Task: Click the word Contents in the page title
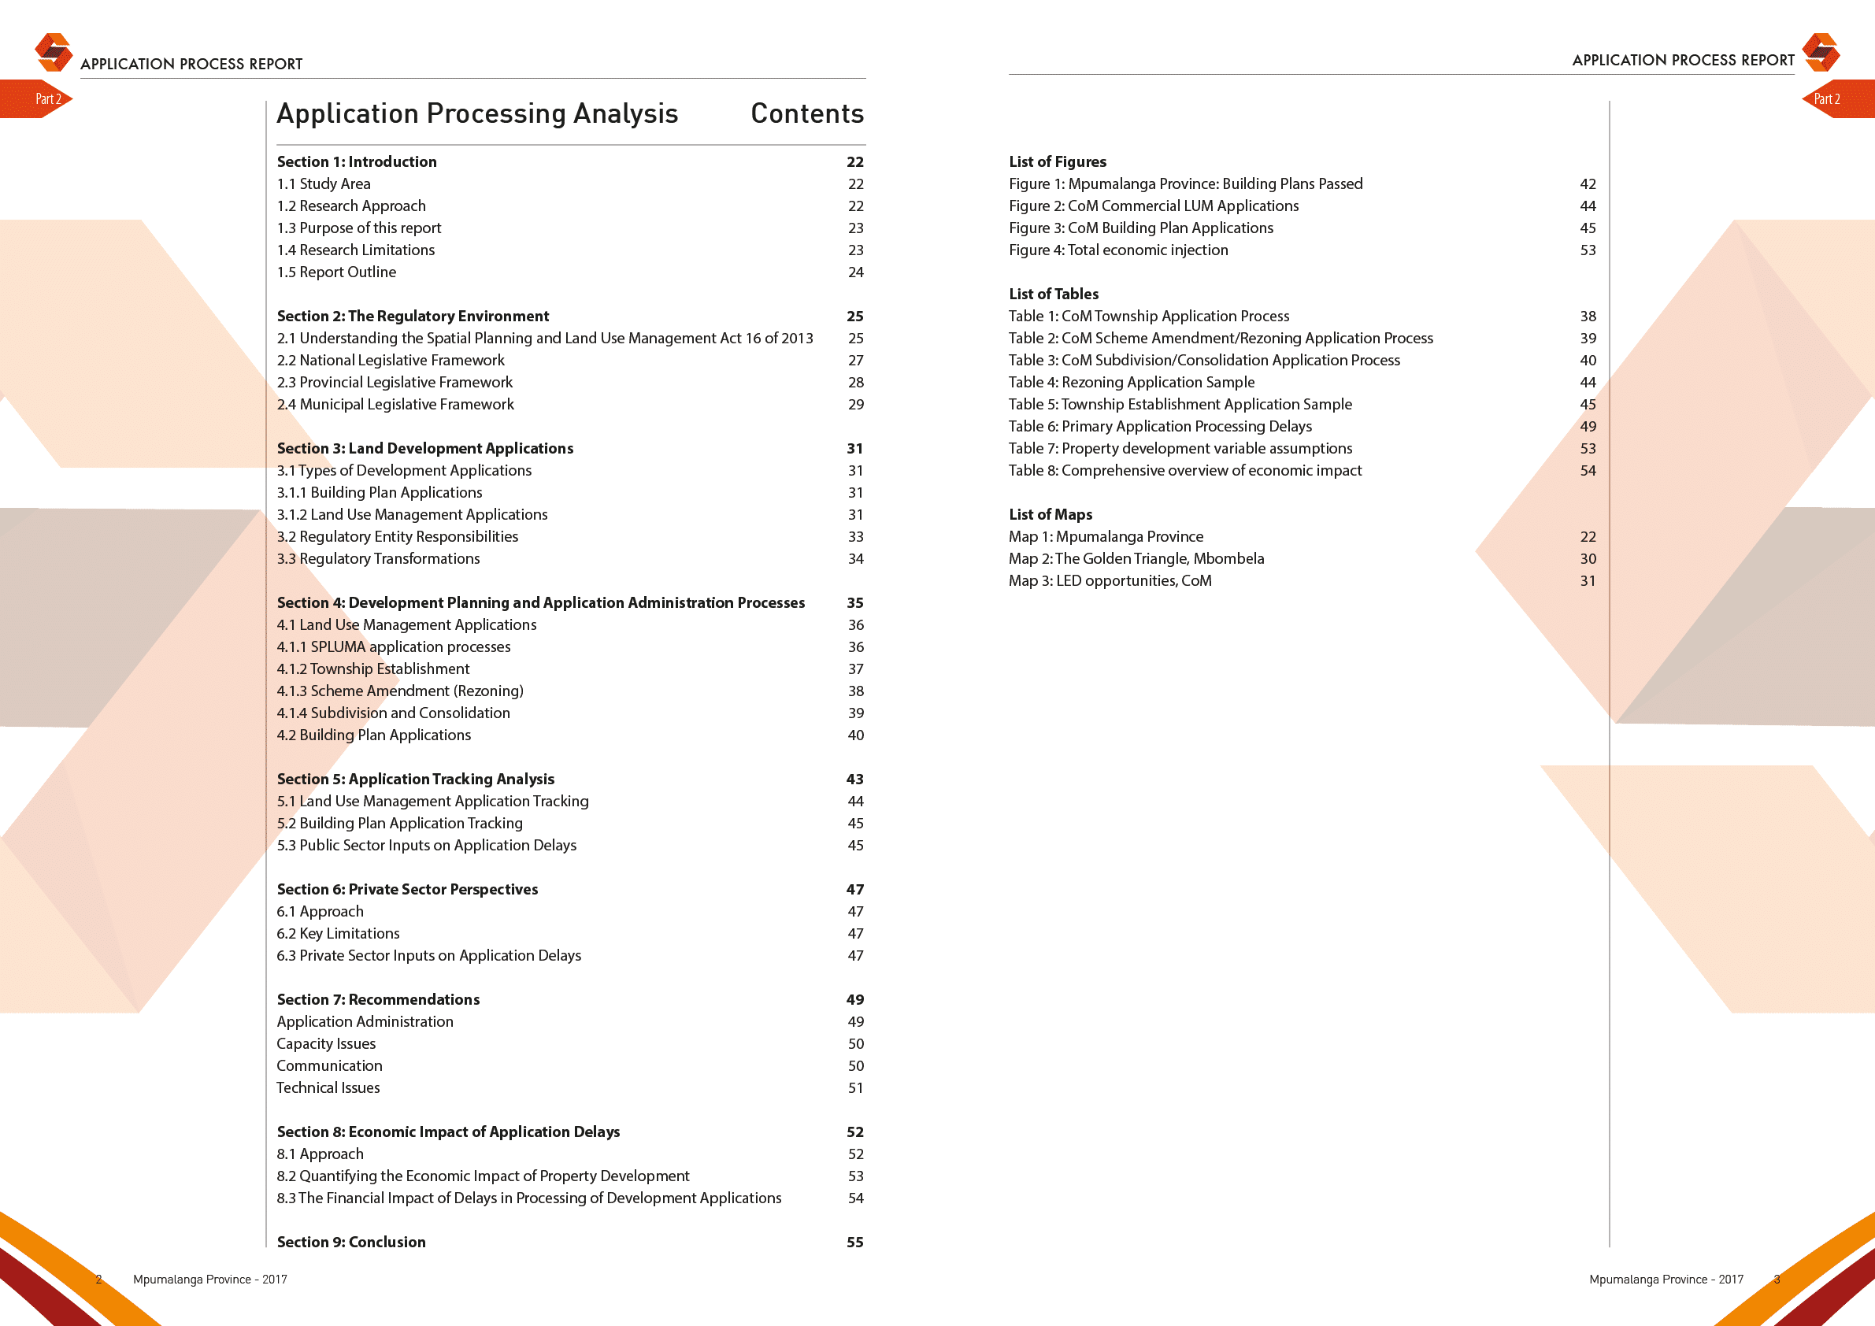coord(807,113)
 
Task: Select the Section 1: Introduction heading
coord(356,161)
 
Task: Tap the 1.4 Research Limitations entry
coord(355,250)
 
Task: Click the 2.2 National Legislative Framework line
coord(391,360)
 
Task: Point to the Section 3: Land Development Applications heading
coord(424,448)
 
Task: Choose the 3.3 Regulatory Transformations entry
coord(378,558)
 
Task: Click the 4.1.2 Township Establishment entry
coord(373,669)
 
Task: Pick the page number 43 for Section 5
coord(855,779)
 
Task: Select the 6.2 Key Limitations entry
coord(338,933)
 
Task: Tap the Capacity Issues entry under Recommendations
coord(326,1043)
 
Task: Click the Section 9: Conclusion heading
coord(351,1242)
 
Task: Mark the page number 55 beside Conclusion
coord(855,1242)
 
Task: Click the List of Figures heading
coord(1058,161)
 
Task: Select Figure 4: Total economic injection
coord(1118,250)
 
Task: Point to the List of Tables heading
coord(1054,294)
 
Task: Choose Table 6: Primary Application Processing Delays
coord(1160,426)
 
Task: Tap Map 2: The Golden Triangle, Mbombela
coord(1136,558)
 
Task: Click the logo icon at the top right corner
coord(1821,52)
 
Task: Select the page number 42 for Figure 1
coord(1588,183)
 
